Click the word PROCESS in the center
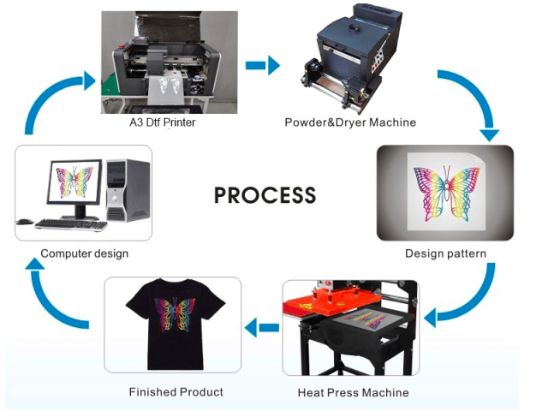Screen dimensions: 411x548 click(x=265, y=194)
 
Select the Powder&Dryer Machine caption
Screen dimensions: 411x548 click(x=350, y=122)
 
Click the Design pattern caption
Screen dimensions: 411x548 click(x=445, y=253)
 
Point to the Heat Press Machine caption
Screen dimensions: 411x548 click(x=353, y=392)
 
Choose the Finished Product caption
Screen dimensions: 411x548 click(x=176, y=391)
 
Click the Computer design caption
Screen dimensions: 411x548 click(x=84, y=253)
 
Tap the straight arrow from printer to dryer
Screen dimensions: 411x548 click(x=262, y=65)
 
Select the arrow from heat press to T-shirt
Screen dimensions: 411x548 click(x=262, y=325)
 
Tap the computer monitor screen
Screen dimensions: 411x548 click(x=74, y=182)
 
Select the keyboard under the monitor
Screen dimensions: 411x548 click(x=70, y=224)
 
